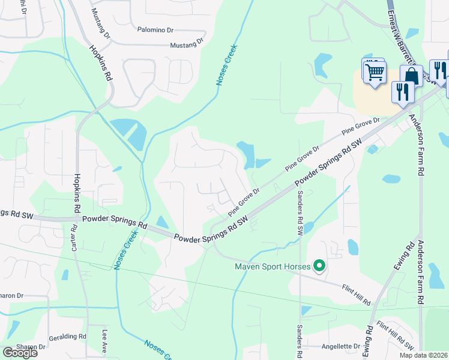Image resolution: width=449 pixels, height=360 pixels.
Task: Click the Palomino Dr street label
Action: click(155, 29)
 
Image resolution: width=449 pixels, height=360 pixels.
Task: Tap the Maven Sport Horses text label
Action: click(273, 266)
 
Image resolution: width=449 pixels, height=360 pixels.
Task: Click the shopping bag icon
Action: click(411, 76)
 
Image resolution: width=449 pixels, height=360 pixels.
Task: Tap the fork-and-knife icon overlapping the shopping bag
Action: click(400, 92)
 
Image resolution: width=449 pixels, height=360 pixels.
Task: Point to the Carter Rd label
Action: click(74, 236)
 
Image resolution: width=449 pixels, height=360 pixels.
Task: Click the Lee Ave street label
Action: click(104, 340)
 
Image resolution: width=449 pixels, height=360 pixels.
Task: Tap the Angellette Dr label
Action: click(340, 346)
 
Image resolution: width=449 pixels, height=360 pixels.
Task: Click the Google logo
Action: click(20, 352)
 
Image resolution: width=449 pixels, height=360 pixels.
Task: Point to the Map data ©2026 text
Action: click(423, 355)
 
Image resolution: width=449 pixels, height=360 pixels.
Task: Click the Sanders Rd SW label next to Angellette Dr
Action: click(300, 342)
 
